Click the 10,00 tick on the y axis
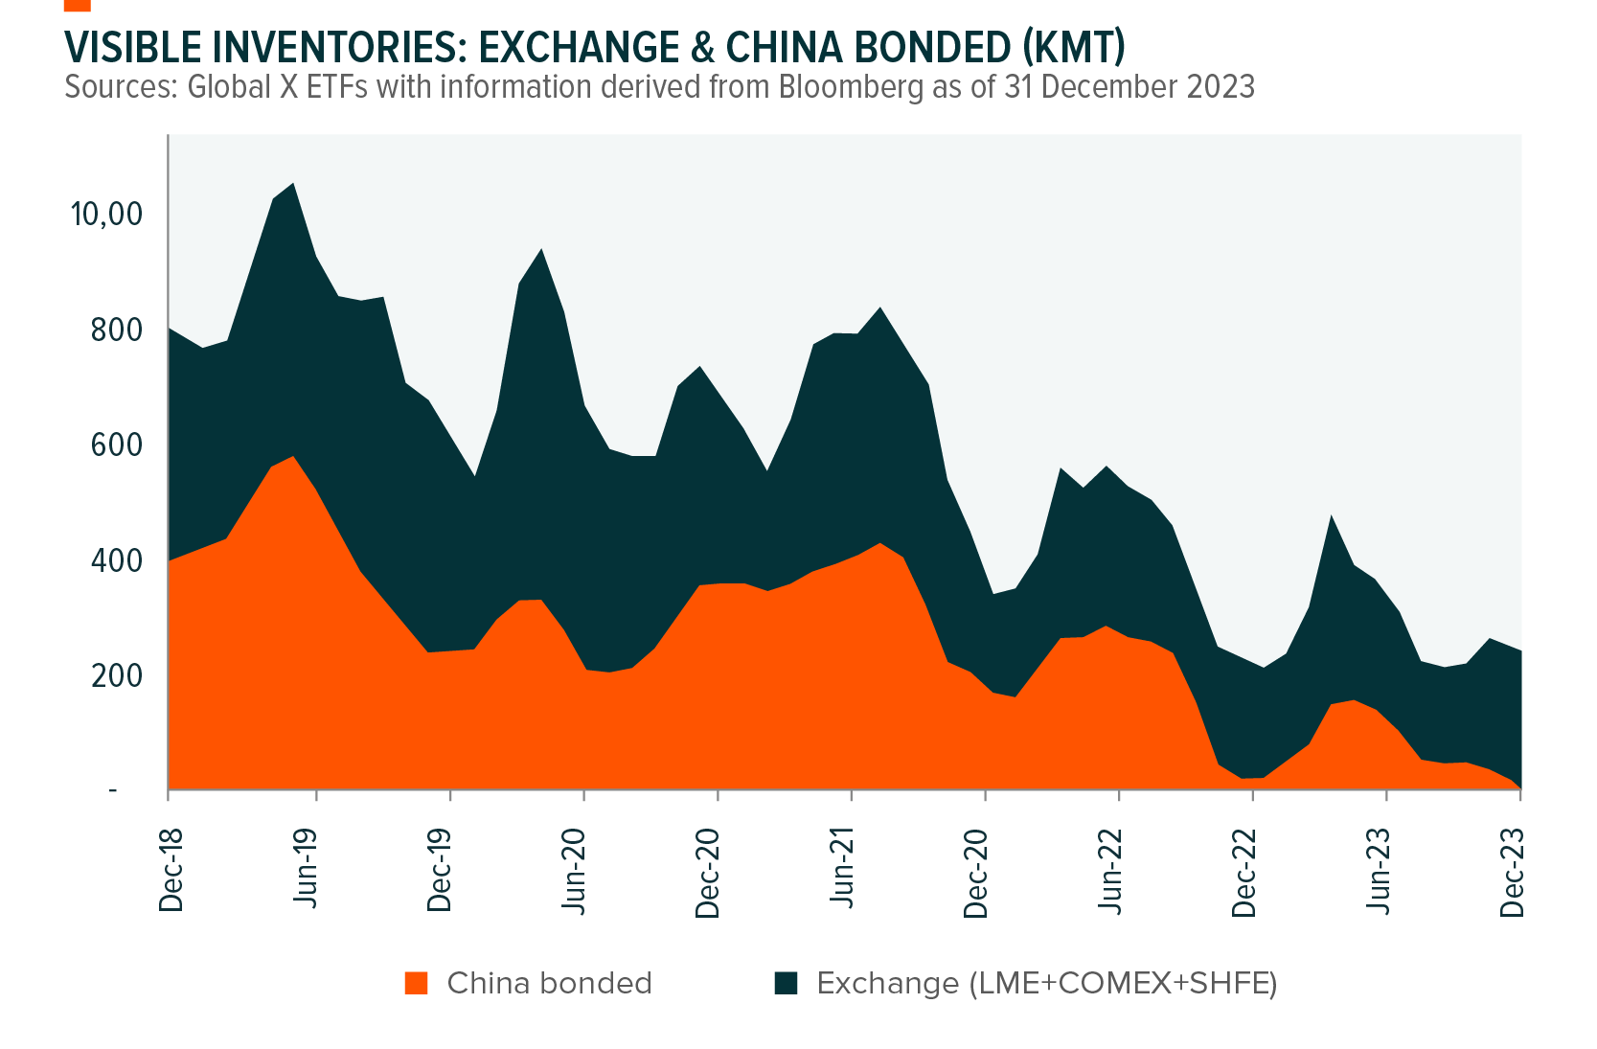point(107,214)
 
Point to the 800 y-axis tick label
point(117,330)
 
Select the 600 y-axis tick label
point(117,445)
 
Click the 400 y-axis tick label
point(117,560)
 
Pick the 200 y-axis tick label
point(117,675)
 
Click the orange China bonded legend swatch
point(416,984)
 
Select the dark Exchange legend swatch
point(786,984)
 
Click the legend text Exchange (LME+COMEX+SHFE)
point(1046,984)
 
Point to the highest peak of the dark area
point(292,184)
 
